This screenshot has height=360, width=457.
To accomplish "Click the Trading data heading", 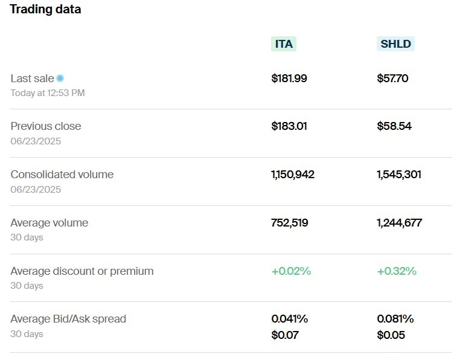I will click(x=45, y=10).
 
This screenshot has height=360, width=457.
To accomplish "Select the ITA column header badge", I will click(x=284, y=44).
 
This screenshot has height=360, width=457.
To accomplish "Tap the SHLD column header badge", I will click(x=395, y=44).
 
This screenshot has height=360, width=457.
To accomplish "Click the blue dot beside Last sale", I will click(x=60, y=78).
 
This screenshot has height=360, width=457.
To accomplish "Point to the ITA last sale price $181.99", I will click(x=289, y=78).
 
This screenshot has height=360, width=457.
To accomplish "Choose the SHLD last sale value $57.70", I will click(x=392, y=78).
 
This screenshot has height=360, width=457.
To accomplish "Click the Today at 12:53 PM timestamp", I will click(x=48, y=93).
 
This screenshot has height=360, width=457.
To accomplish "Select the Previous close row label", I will click(x=46, y=126).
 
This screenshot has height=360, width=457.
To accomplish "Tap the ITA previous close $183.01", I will click(x=289, y=126).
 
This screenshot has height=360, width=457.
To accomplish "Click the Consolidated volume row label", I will click(x=62, y=175).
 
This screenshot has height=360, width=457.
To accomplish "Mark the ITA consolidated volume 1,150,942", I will click(x=293, y=175).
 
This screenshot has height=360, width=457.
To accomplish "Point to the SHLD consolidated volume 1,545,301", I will click(x=399, y=175).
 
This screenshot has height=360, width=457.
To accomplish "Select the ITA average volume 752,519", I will click(x=290, y=223).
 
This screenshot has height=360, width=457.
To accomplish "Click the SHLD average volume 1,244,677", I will click(x=399, y=223).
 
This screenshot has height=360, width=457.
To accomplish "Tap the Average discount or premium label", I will click(x=82, y=271).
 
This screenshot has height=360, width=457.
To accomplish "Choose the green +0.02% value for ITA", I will click(x=291, y=271).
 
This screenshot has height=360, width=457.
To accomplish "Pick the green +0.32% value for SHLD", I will click(x=397, y=271).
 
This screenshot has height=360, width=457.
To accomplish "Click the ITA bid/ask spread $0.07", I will click(x=285, y=335).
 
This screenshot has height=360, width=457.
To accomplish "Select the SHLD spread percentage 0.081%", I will click(x=395, y=319).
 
